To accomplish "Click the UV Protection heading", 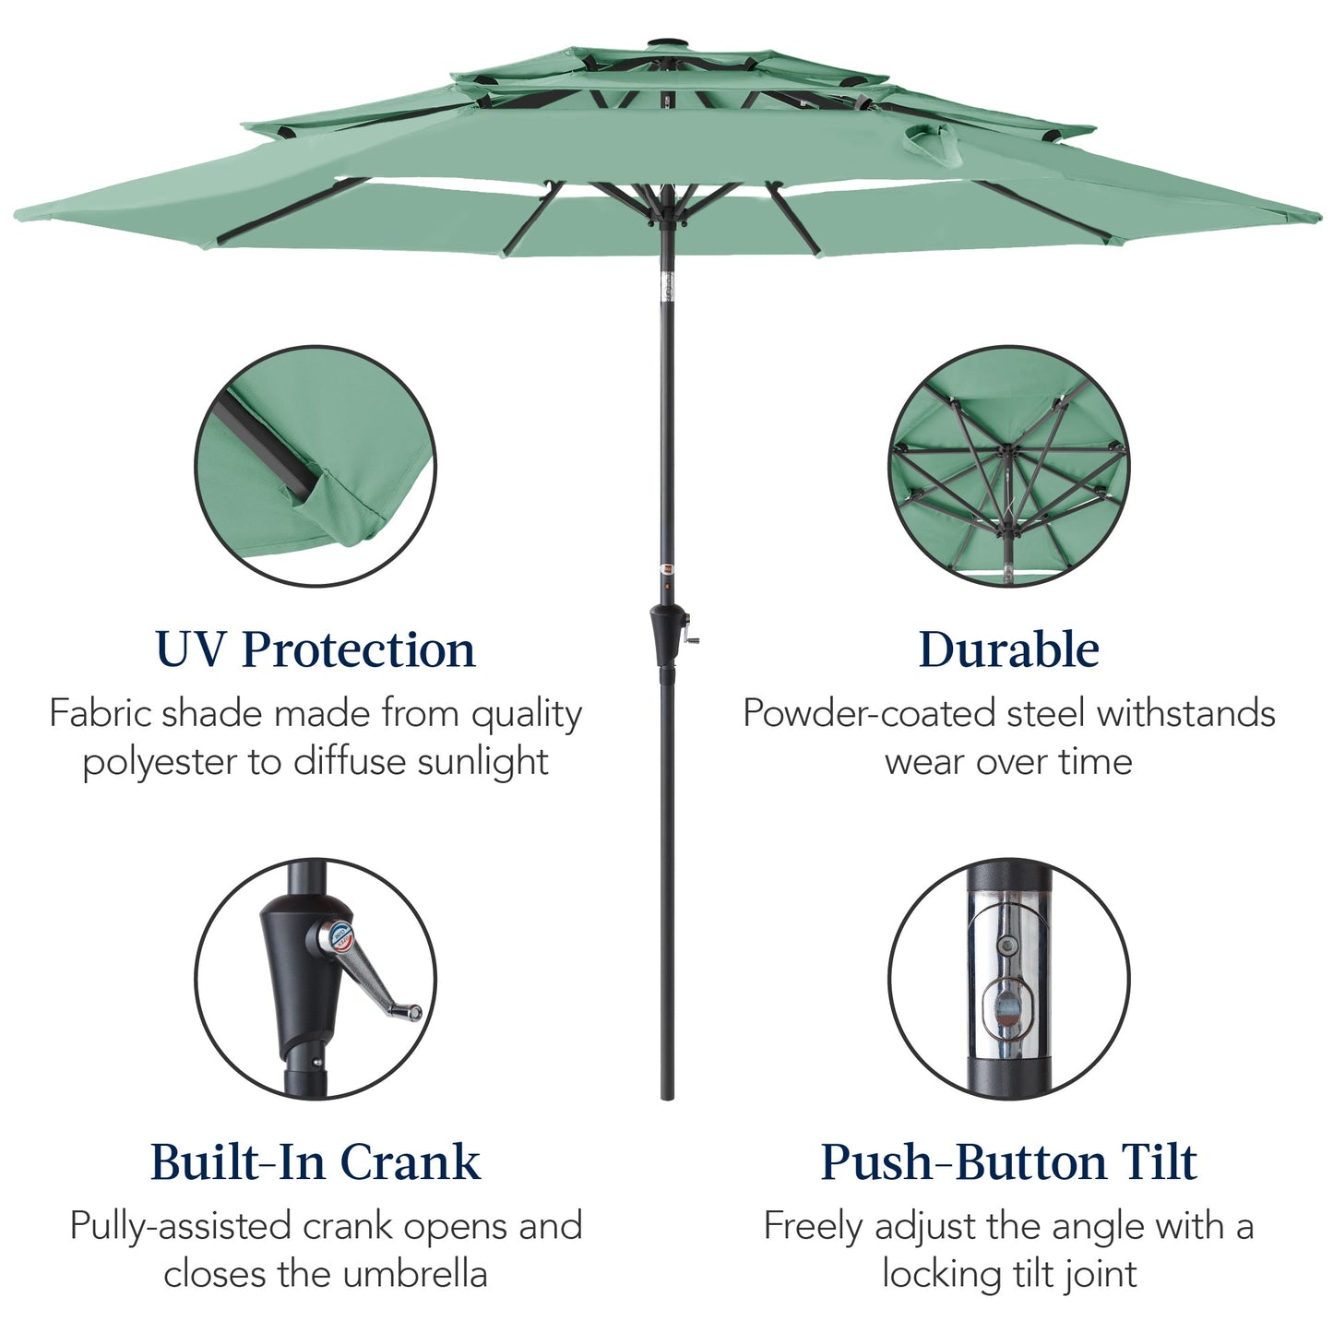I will pyautogui.click(x=315, y=649).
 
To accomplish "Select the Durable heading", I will pyautogui.click(x=1008, y=649).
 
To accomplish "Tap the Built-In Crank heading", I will pyautogui.click(x=315, y=1161).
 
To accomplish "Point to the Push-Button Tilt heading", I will pyautogui.click(x=1008, y=1161).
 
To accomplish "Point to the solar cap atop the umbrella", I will pyautogui.click(x=665, y=42).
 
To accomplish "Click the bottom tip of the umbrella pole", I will pyautogui.click(x=667, y=1095).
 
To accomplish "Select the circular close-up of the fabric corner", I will pyautogui.click(x=315, y=466).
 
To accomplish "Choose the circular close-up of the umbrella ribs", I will pyautogui.click(x=1008, y=466).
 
